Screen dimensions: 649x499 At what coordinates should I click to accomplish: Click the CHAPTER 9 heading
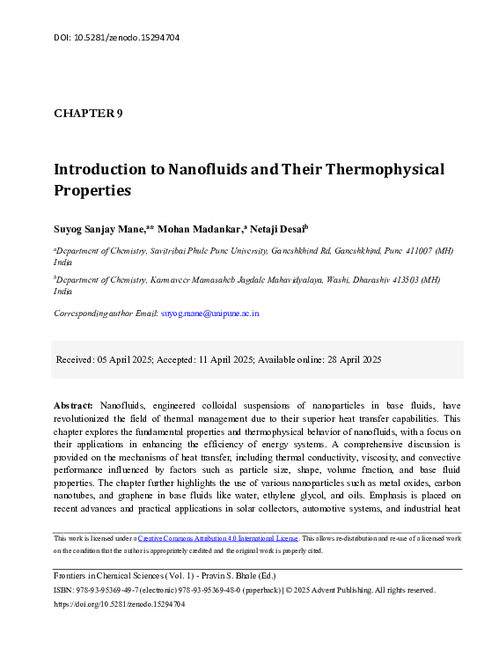point(88,114)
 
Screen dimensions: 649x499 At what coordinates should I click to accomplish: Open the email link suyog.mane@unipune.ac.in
point(209,313)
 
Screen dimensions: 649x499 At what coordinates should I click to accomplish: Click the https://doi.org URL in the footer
point(120,605)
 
